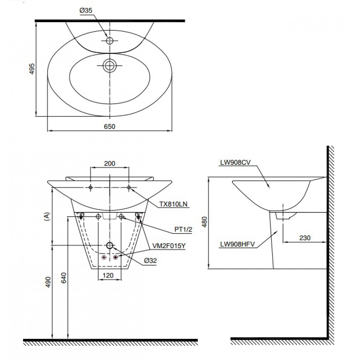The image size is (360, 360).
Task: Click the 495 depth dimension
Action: tap(32, 69)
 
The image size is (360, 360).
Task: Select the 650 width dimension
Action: tap(110, 126)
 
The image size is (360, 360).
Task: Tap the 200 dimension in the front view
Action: tap(110, 163)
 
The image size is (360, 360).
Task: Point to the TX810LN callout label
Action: tap(173, 204)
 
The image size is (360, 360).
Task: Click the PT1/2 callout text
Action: tap(183, 229)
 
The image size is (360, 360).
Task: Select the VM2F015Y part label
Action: tap(169, 246)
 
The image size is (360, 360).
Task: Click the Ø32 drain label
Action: tap(150, 261)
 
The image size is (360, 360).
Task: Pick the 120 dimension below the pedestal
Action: tap(108, 275)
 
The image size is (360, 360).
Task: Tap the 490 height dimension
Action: tap(48, 282)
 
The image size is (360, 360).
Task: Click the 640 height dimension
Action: tap(64, 278)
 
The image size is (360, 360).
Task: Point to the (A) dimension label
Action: tap(47, 217)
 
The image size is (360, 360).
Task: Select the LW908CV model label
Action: tap(235, 162)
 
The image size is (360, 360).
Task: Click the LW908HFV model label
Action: tap(237, 244)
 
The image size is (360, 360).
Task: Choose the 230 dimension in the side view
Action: tap(305, 237)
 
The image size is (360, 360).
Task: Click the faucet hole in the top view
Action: tap(110, 41)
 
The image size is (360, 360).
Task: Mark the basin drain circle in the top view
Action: tap(110, 65)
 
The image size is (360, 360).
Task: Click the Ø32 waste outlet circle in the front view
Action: tap(110, 245)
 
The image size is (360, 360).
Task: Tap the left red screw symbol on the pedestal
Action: tap(104, 257)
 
